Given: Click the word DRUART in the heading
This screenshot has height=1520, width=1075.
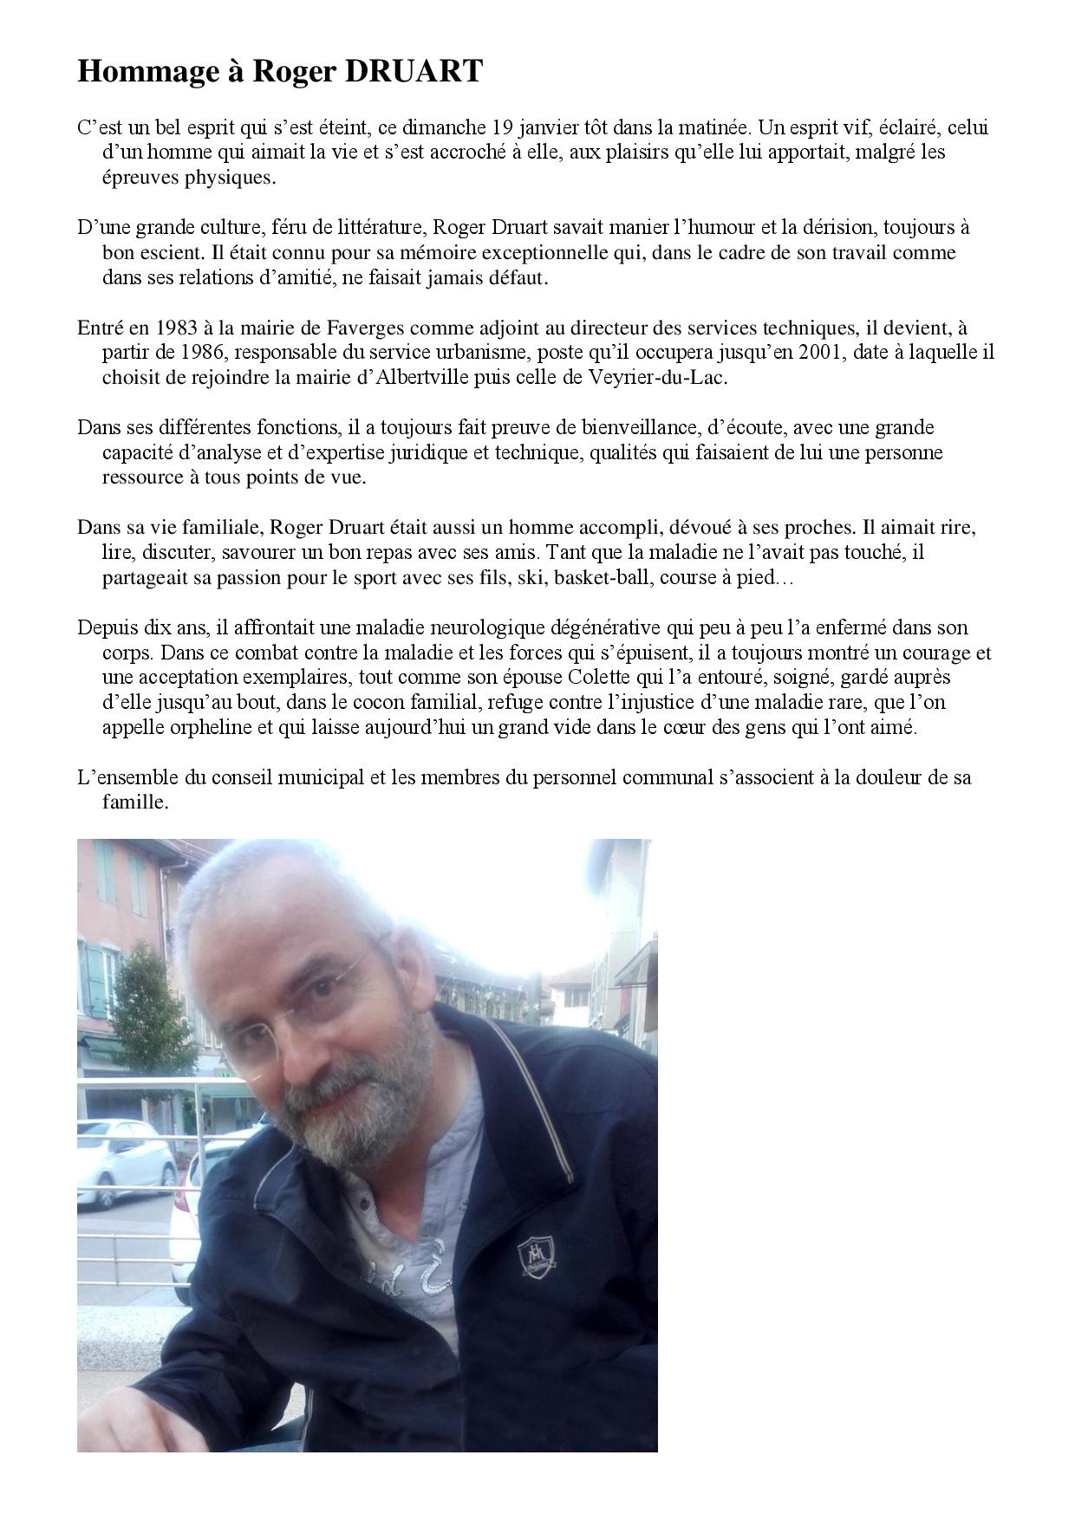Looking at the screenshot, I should tap(414, 72).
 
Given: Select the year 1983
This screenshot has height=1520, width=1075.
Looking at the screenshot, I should tap(178, 328).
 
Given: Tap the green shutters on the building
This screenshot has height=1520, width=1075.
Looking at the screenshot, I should tap(93, 971).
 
